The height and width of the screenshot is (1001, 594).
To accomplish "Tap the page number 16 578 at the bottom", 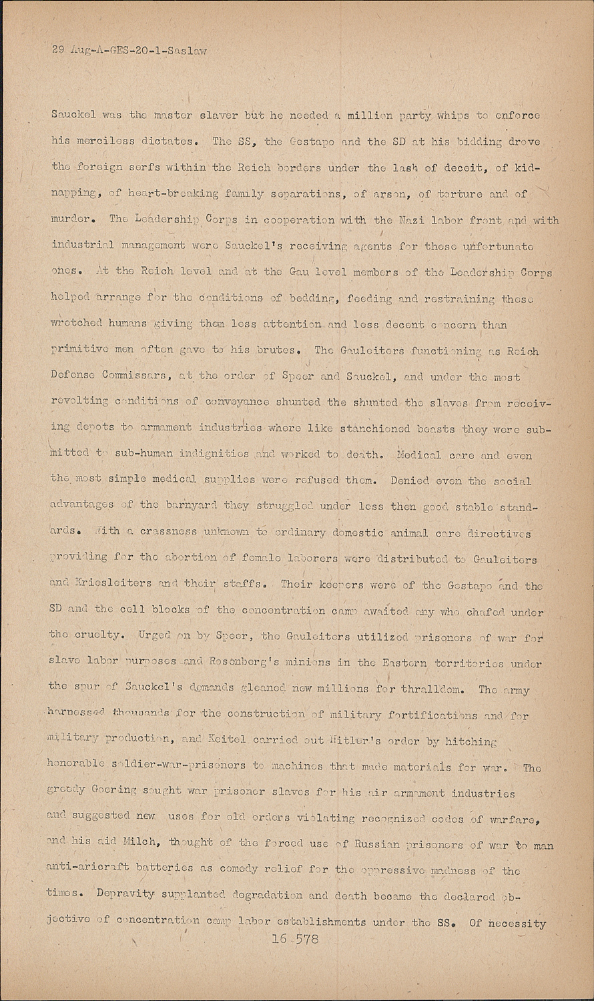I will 296,940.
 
